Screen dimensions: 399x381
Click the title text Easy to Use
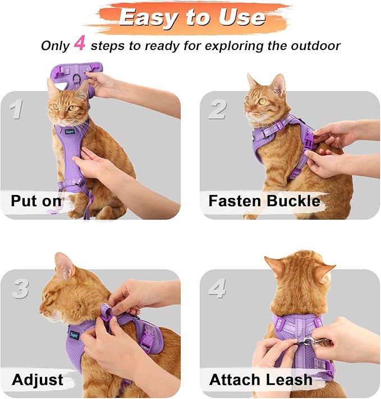(x=191, y=17)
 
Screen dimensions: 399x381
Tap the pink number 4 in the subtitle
(x=80, y=44)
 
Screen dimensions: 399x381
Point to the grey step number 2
(x=217, y=109)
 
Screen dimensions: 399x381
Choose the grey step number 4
(x=218, y=288)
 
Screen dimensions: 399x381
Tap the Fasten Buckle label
(x=264, y=201)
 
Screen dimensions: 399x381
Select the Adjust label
(x=38, y=379)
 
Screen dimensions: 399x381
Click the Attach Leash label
(x=261, y=379)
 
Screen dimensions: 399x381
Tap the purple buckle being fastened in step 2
(x=308, y=137)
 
